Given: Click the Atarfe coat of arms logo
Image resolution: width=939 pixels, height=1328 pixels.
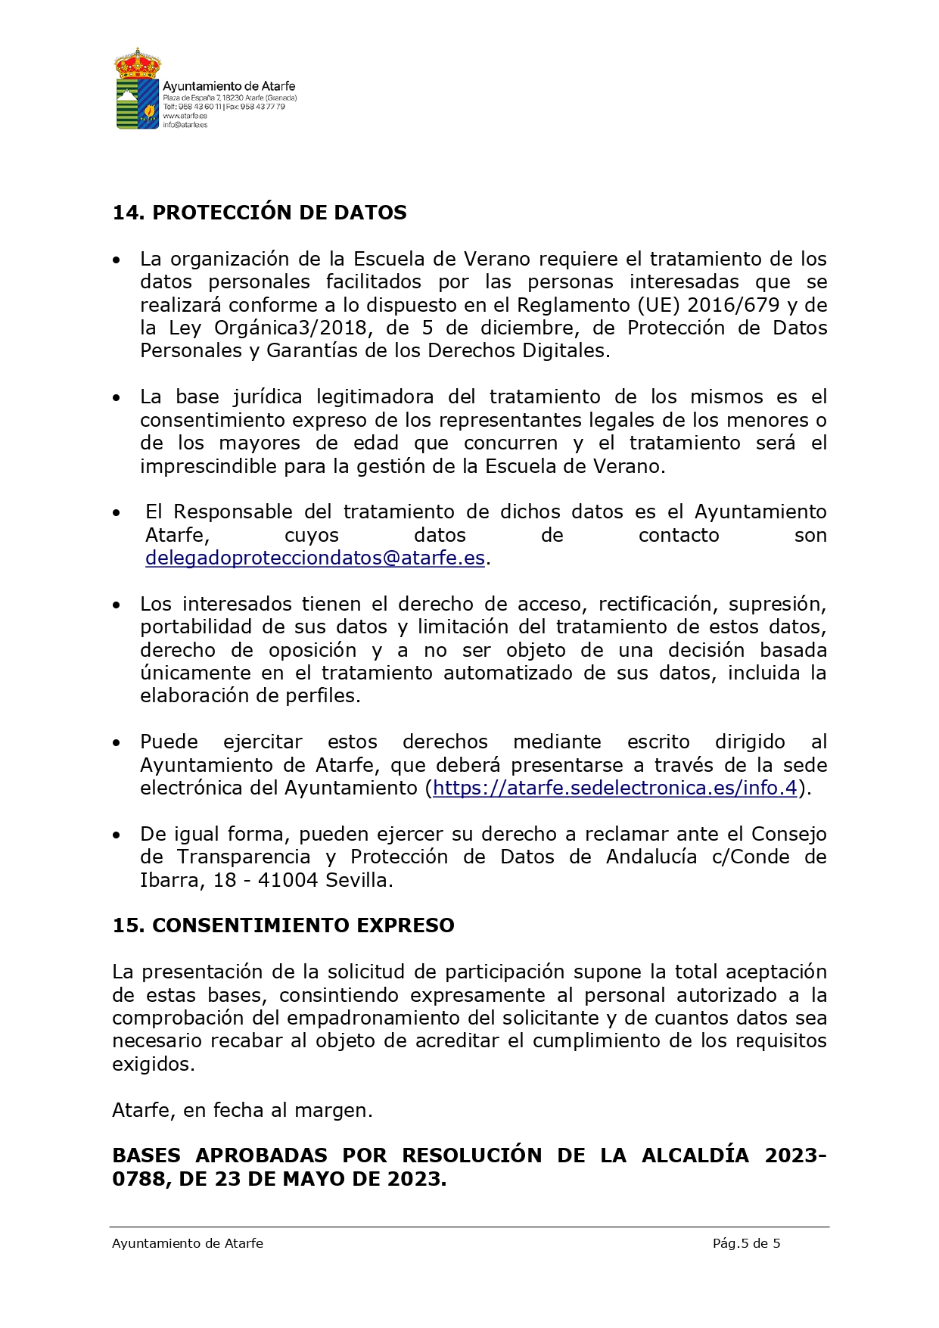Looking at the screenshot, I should pos(137,89).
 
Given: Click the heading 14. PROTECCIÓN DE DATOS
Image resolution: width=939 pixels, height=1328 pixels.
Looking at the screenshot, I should pos(259,213).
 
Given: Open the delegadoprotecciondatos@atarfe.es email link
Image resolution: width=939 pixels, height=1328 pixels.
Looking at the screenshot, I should pos(315,558).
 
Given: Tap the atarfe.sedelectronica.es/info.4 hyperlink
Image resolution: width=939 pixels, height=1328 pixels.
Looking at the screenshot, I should pos(614,788).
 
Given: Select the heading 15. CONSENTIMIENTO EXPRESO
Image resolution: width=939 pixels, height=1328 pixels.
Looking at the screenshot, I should pos(283,925).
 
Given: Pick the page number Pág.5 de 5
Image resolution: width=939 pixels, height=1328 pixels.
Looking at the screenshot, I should pos(746,1243).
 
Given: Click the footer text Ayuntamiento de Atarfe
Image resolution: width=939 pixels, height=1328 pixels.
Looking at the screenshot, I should pos(188,1243).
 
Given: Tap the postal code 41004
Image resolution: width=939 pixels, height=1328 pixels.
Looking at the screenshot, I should pos(288,881).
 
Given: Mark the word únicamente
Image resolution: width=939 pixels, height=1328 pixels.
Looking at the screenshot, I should pos(185,673).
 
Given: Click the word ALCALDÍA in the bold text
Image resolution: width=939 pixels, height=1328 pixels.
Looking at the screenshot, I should pos(698,1156).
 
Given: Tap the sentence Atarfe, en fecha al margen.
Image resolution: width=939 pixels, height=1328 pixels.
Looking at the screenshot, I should pos(242,1111).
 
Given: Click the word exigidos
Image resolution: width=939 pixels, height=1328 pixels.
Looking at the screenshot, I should pos(153,1065).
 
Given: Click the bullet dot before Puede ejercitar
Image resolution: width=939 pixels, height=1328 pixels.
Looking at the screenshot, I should pos(117,744).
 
